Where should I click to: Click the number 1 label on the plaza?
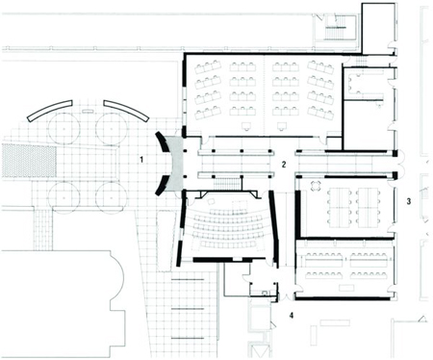[141, 159]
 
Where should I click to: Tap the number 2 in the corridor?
[284, 165]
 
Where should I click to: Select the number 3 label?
[409, 201]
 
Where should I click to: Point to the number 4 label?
[292, 316]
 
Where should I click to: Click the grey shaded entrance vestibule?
[177, 164]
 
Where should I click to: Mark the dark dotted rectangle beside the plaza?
[29, 161]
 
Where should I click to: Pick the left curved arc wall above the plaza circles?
[50, 110]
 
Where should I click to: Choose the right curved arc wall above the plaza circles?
[126, 110]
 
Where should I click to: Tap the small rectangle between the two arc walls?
[88, 111]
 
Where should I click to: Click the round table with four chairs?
[316, 186]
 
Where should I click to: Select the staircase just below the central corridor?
[227, 184]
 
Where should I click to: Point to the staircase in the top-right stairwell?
[334, 33]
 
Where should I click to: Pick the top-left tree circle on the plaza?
[64, 128]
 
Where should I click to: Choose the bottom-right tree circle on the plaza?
[111, 196]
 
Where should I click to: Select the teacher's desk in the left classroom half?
[246, 126]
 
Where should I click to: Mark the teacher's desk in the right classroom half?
[281, 126]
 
